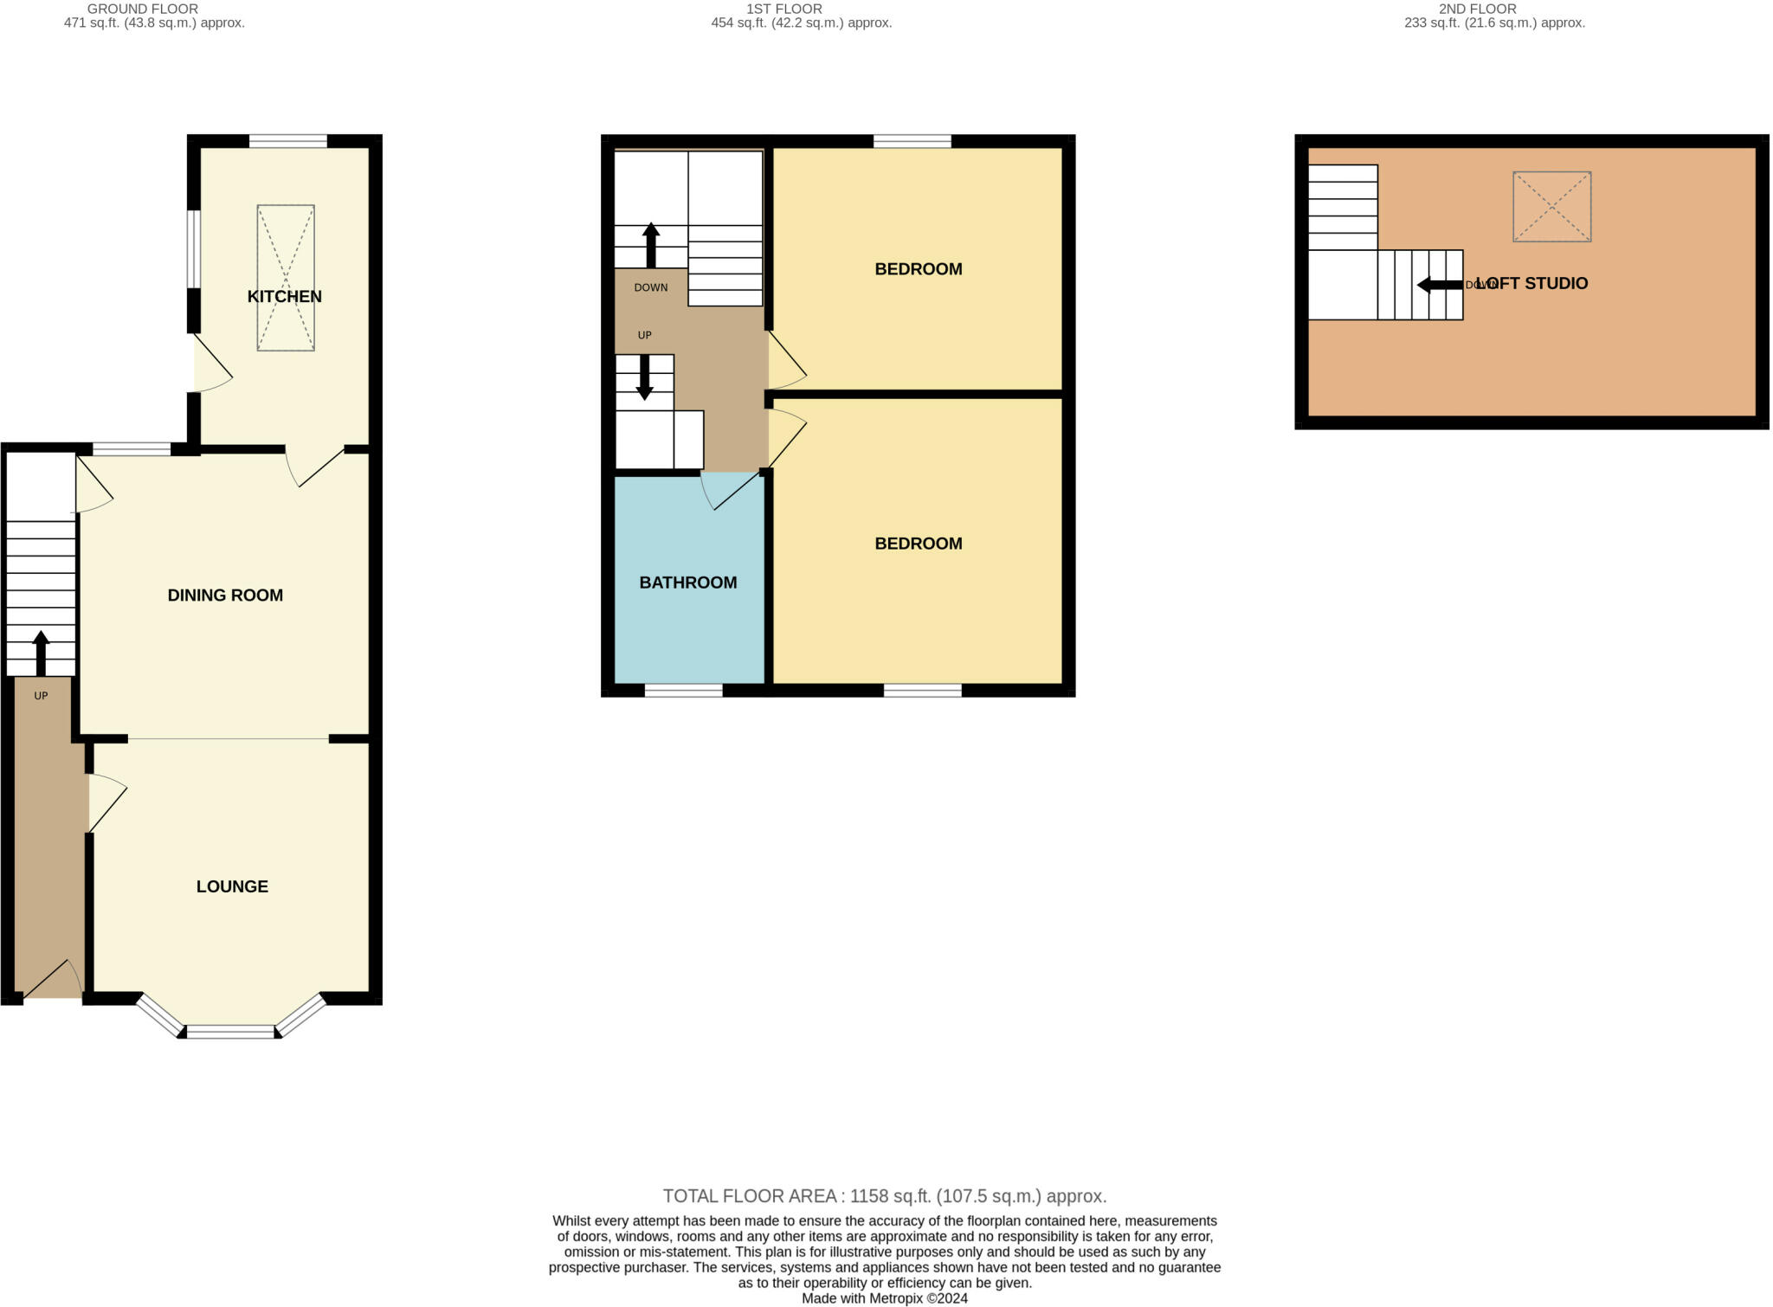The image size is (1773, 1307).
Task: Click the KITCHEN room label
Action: click(x=284, y=297)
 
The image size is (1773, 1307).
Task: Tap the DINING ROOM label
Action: click(x=225, y=596)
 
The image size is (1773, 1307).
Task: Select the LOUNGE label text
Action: click(x=232, y=886)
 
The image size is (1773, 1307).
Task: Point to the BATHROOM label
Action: click(x=688, y=583)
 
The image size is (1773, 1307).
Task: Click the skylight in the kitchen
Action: click(x=286, y=278)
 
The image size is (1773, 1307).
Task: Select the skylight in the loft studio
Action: click(x=1551, y=207)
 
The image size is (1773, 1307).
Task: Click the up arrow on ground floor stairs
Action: click(x=41, y=653)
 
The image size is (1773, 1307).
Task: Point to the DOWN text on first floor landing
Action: click(x=651, y=287)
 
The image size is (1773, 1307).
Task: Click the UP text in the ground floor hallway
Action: click(x=41, y=696)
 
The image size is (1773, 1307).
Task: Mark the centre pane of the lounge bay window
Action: click(x=230, y=1031)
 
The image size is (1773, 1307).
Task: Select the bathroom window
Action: click(x=683, y=690)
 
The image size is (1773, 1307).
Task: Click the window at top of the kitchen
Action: click(x=288, y=141)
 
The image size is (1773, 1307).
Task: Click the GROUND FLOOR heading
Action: click(x=143, y=9)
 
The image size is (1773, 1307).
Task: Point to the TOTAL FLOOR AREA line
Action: click(x=885, y=1196)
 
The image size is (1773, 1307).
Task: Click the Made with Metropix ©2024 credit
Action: click(x=885, y=1298)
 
